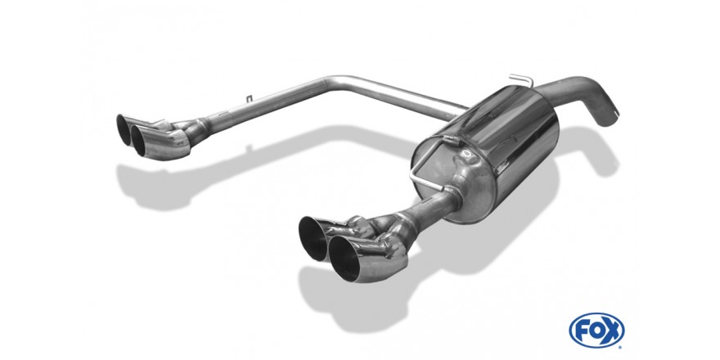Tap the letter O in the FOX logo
pos(596,330)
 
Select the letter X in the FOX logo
pos(612,330)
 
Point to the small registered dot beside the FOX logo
pos(620,346)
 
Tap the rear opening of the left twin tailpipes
pos(124,129)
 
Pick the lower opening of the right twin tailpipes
pos(344,258)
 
